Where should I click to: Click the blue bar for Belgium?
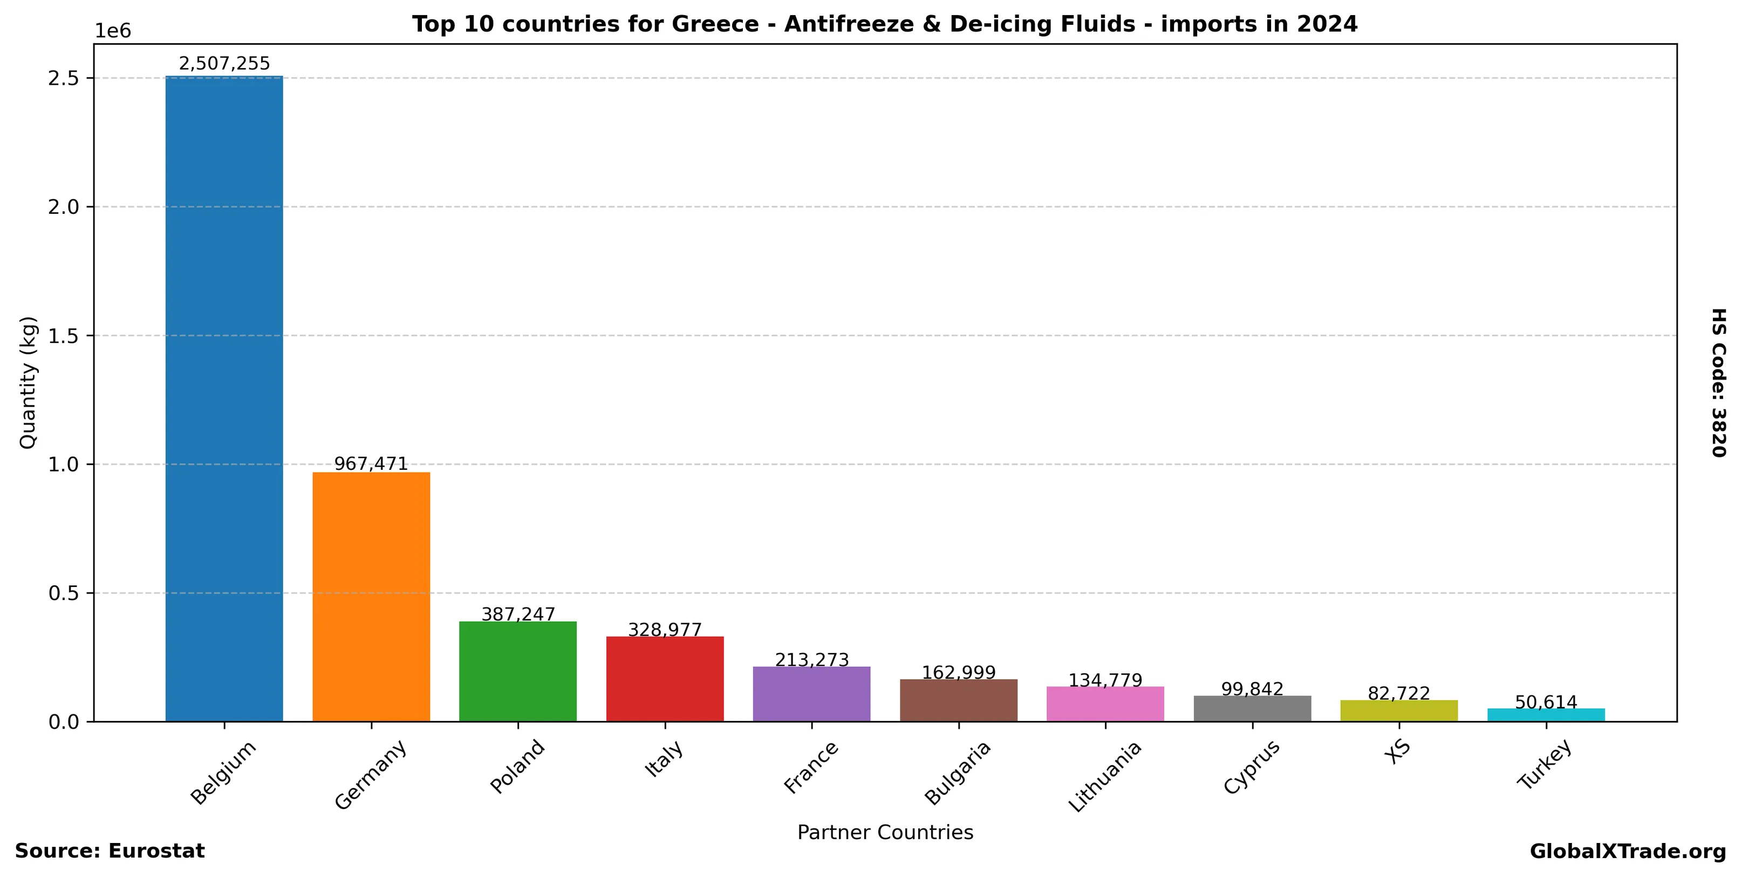[224, 399]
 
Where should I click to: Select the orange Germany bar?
[371, 596]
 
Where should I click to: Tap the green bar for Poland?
[517, 671]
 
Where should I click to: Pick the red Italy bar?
[665, 679]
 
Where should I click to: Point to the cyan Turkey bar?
[1546, 714]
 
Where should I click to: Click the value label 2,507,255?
[224, 64]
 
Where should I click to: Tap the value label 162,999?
[958, 673]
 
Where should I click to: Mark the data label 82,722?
[1398, 693]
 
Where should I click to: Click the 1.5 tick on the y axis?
[64, 336]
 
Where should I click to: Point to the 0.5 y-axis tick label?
[64, 593]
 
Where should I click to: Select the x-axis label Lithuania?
[1104, 776]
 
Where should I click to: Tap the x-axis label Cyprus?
[1252, 767]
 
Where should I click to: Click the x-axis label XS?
[1397, 752]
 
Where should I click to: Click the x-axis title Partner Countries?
[885, 832]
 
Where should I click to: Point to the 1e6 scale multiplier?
[112, 31]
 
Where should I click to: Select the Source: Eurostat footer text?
[110, 851]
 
